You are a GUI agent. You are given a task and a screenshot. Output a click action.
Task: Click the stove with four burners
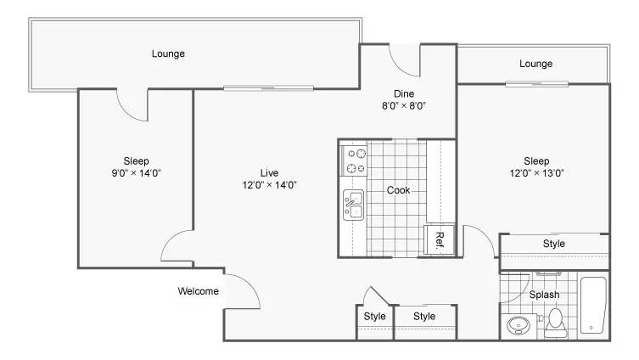click(354, 160)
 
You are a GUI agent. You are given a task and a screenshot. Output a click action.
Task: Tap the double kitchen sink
click(353, 205)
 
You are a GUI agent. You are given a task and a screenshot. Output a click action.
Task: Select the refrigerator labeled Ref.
click(440, 239)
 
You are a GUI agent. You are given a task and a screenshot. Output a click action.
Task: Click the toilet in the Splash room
click(556, 323)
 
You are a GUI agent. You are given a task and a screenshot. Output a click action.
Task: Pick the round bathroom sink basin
click(518, 325)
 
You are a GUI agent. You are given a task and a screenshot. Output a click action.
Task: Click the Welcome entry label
click(198, 291)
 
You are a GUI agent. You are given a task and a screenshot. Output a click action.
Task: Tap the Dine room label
click(404, 93)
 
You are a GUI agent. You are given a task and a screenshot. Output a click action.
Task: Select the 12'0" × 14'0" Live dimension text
click(269, 185)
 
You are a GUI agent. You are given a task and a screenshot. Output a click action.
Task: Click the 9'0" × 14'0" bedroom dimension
click(136, 173)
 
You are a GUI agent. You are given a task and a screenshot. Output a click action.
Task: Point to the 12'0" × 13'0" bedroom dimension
click(536, 173)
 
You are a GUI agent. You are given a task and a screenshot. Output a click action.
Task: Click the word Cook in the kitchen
click(398, 190)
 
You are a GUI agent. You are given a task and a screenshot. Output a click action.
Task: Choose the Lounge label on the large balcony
click(168, 53)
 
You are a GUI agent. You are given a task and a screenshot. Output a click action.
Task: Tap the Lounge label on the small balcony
click(536, 64)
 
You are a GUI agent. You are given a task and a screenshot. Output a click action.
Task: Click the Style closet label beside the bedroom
click(554, 244)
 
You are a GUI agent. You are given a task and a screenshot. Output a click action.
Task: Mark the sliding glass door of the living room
click(268, 88)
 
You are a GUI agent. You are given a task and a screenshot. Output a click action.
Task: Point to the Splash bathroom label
click(544, 295)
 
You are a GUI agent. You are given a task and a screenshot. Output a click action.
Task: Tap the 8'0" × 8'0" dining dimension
click(404, 106)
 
